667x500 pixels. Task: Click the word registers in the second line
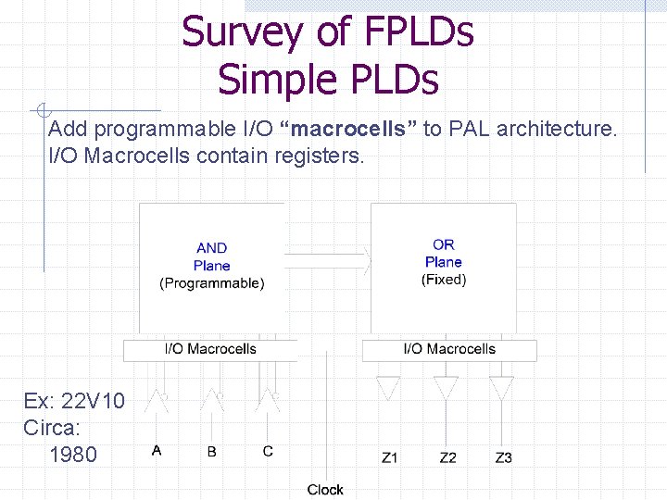click(320, 156)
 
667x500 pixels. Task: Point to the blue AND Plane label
click(211, 256)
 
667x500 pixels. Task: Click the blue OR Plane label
click(444, 253)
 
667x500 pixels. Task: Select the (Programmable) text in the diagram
click(212, 283)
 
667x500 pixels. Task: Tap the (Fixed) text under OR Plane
click(444, 279)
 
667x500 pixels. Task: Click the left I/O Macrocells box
click(210, 349)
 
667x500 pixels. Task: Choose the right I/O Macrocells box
click(449, 349)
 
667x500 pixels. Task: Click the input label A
click(157, 451)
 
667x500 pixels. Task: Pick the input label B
click(212, 451)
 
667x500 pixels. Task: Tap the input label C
click(268, 451)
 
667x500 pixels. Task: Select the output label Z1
click(391, 456)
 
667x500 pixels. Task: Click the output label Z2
click(447, 456)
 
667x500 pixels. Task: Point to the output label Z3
click(503, 456)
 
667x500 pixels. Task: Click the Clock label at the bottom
click(325, 489)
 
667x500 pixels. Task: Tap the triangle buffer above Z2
click(447, 387)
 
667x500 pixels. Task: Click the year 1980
click(71, 455)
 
